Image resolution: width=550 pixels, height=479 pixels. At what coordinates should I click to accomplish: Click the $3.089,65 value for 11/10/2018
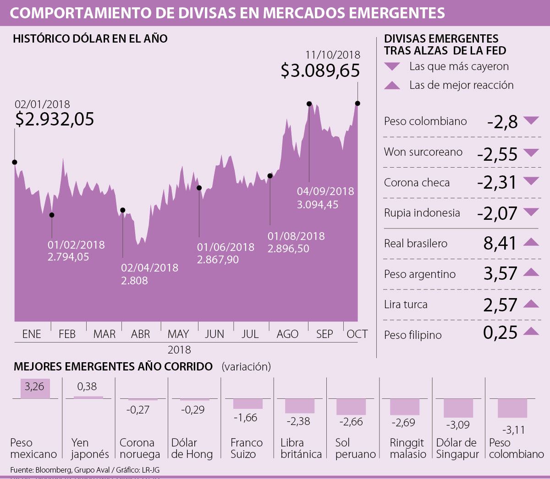point(320,71)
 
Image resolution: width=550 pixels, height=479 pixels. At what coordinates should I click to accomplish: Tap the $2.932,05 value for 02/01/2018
point(55,119)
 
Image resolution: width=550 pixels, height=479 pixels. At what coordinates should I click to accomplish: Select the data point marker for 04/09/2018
point(309,104)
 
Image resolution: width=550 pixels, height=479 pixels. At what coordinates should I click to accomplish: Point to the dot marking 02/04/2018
point(122,210)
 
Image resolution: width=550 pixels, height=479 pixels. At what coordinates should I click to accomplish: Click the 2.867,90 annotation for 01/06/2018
point(218,260)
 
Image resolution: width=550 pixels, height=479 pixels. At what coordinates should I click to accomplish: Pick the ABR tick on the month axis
point(140,334)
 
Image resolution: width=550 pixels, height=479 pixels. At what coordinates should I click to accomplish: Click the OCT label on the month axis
point(357,334)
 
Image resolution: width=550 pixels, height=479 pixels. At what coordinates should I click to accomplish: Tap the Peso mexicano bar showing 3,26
point(35,388)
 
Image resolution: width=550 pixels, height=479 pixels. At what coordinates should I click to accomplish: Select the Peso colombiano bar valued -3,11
point(512,408)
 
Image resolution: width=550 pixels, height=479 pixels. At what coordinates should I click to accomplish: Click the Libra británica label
point(301,448)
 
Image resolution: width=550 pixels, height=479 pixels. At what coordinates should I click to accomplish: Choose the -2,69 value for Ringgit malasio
point(403,422)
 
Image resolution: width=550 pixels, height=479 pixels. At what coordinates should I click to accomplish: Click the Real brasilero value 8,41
point(500,243)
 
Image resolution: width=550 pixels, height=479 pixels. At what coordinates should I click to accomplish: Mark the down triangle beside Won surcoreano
point(531,152)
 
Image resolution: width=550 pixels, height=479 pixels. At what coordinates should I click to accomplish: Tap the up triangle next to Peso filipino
point(531,331)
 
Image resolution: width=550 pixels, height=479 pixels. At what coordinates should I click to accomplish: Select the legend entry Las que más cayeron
point(459,66)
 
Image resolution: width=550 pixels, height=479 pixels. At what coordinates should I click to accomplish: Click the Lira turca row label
point(406,305)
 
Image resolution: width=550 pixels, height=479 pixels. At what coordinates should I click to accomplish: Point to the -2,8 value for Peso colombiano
point(502,122)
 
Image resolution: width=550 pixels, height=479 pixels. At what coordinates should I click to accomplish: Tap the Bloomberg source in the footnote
point(53,470)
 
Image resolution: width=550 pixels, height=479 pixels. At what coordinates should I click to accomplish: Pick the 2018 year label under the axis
point(179,350)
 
